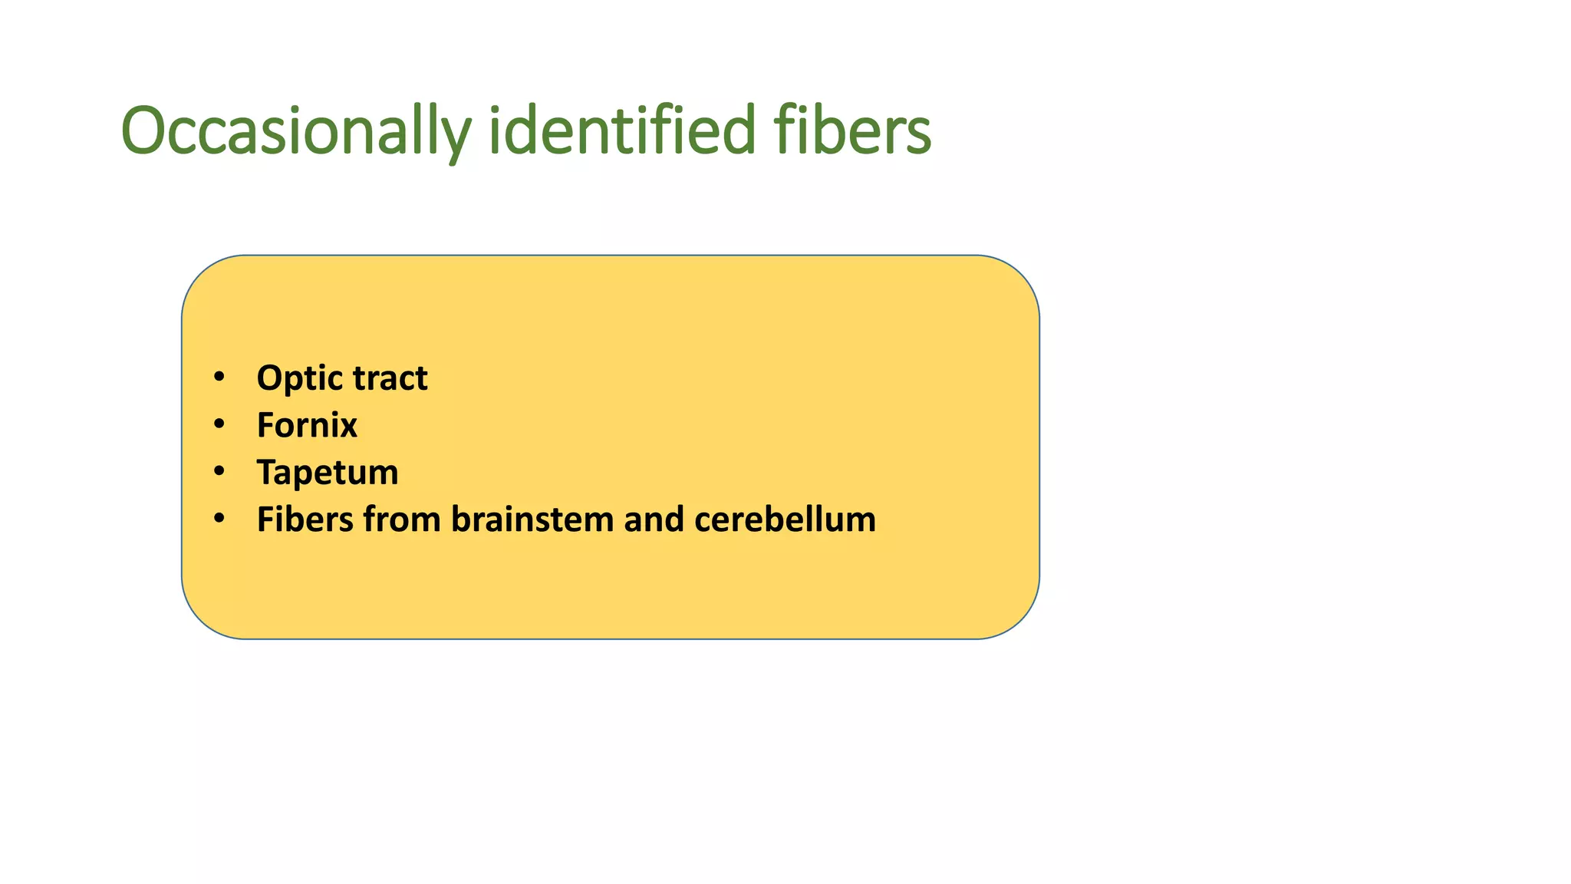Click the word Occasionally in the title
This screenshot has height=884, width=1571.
[x=295, y=132]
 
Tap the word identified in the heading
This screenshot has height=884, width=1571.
[x=622, y=130]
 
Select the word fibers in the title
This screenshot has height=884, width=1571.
[x=851, y=130]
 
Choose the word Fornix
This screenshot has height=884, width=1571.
[x=307, y=426]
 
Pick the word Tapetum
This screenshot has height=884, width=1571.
[x=328, y=473]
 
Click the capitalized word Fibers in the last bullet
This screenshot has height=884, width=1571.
[x=305, y=520]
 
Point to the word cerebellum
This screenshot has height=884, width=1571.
[x=785, y=520]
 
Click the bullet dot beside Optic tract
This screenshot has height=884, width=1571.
[x=219, y=378]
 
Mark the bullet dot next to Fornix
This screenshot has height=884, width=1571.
[x=219, y=424]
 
